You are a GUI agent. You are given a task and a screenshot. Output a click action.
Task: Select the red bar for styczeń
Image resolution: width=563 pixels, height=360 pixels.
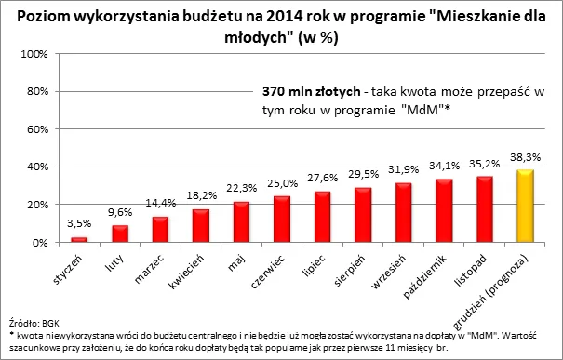click(79, 239)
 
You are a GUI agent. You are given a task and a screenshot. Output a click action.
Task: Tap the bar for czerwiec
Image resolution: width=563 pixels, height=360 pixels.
click(281, 220)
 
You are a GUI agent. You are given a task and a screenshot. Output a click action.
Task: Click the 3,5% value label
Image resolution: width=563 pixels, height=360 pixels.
click(79, 223)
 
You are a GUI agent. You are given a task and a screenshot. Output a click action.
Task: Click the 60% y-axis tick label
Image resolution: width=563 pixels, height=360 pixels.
click(35, 129)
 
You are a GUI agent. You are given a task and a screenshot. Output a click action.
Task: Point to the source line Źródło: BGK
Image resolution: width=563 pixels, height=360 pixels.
click(32, 319)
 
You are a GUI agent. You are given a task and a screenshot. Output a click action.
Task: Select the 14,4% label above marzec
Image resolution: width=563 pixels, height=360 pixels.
click(160, 202)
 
